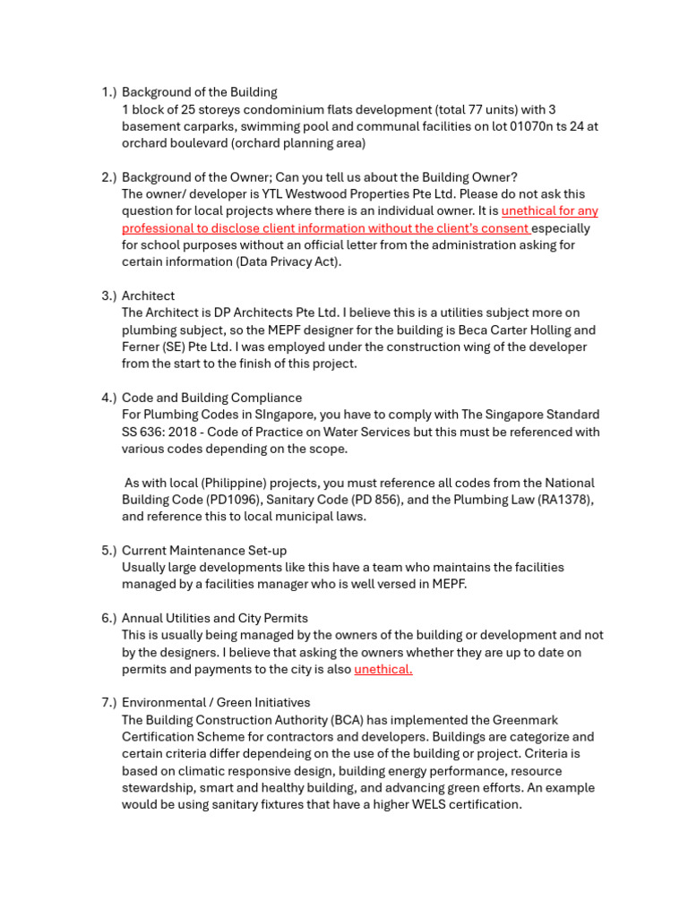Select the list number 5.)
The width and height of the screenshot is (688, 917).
pos(108,550)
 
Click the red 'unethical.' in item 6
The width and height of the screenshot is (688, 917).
pos(383,669)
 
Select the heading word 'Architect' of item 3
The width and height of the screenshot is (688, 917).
pos(149,296)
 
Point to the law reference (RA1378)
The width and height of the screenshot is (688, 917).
pos(565,500)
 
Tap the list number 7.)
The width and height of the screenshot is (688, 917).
pos(108,703)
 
